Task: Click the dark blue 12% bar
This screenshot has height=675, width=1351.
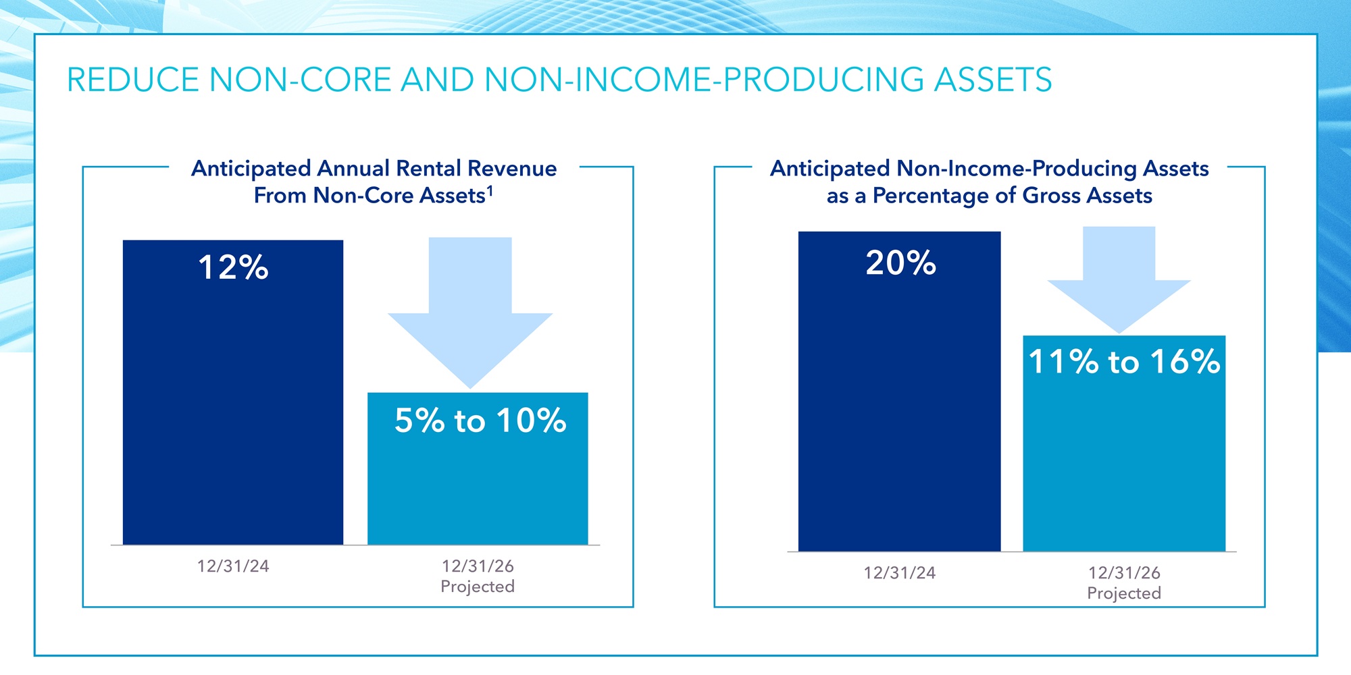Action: click(x=233, y=405)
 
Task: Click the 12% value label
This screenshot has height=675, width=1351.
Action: click(x=233, y=267)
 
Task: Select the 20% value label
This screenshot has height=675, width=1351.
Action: click(x=900, y=263)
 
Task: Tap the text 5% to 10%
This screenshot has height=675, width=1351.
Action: click(x=480, y=421)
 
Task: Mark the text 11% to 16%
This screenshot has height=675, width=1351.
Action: click(x=1124, y=362)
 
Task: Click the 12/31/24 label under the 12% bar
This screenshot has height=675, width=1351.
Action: click(x=233, y=566)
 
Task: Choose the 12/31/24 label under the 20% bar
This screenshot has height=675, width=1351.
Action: click(x=900, y=573)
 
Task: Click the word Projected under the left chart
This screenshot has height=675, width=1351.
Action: click(x=478, y=587)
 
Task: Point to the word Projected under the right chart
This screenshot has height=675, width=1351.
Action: click(x=1124, y=593)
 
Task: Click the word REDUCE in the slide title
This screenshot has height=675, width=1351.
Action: click(x=133, y=80)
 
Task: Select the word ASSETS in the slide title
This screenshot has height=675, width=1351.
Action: click(x=992, y=80)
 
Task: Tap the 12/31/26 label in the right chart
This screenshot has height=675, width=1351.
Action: click(x=1124, y=573)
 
